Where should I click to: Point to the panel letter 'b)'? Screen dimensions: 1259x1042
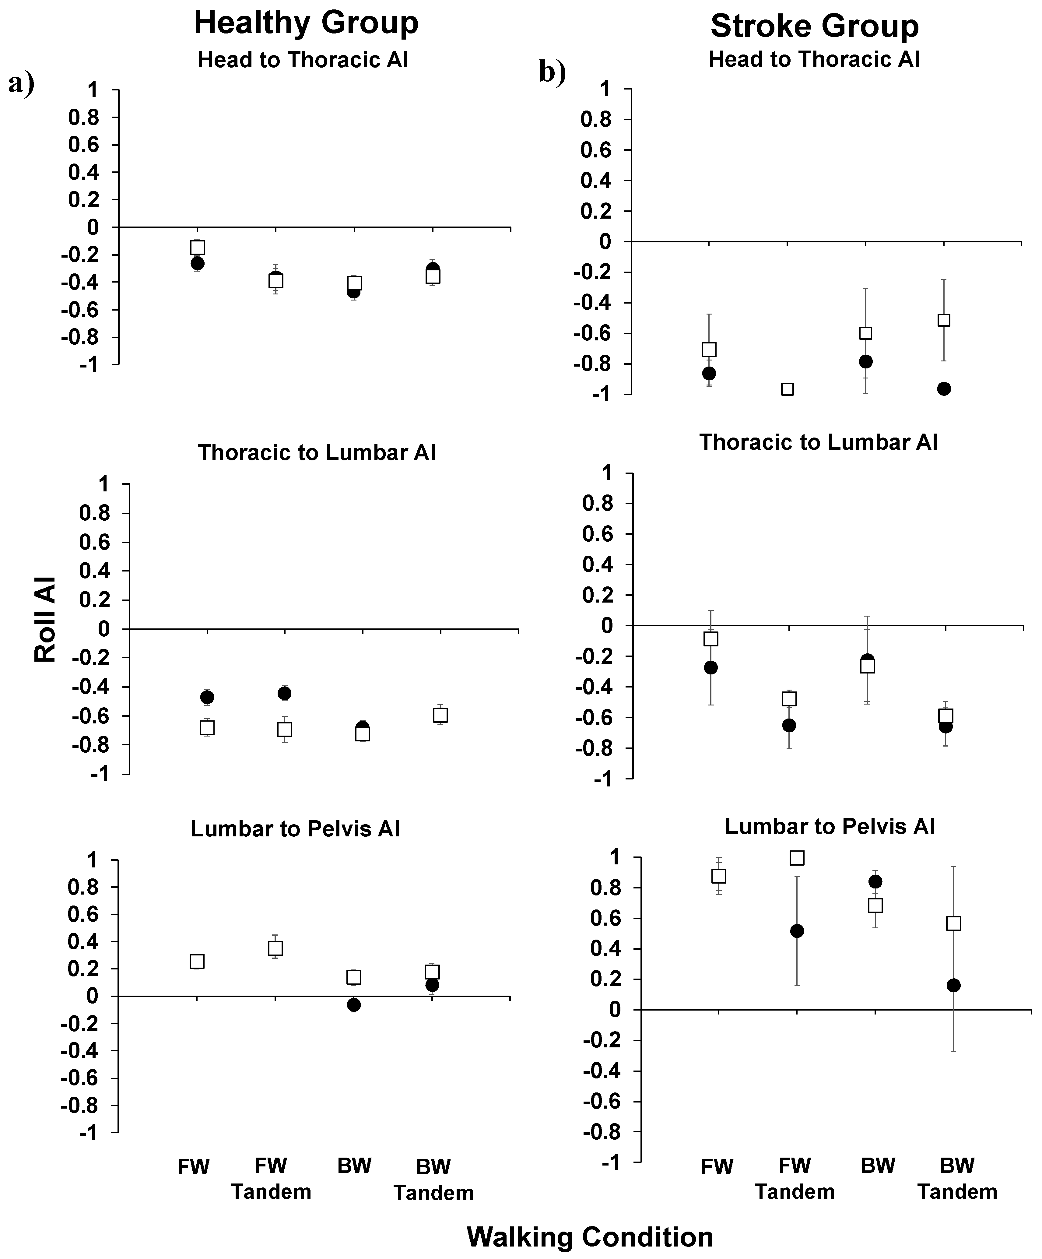click(552, 72)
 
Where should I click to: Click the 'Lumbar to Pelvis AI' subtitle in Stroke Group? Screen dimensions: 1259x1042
click(830, 826)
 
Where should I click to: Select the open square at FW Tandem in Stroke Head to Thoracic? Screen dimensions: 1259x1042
click(787, 389)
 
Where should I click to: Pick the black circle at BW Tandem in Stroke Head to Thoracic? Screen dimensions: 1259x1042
click(944, 389)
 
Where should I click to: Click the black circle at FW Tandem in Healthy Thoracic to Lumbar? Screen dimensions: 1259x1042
click(284, 693)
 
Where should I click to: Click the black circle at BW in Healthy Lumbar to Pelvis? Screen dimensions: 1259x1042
click(354, 1004)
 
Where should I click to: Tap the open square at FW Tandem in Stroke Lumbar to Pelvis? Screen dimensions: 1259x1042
click(797, 858)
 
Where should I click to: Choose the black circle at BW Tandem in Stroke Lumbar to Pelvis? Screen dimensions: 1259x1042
click(953, 985)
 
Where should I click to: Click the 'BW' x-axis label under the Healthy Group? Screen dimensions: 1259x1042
click(354, 1166)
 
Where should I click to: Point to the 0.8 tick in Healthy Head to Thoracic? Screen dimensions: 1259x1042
click(84, 118)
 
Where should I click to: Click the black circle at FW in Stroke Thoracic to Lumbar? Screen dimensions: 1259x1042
click(710, 667)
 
